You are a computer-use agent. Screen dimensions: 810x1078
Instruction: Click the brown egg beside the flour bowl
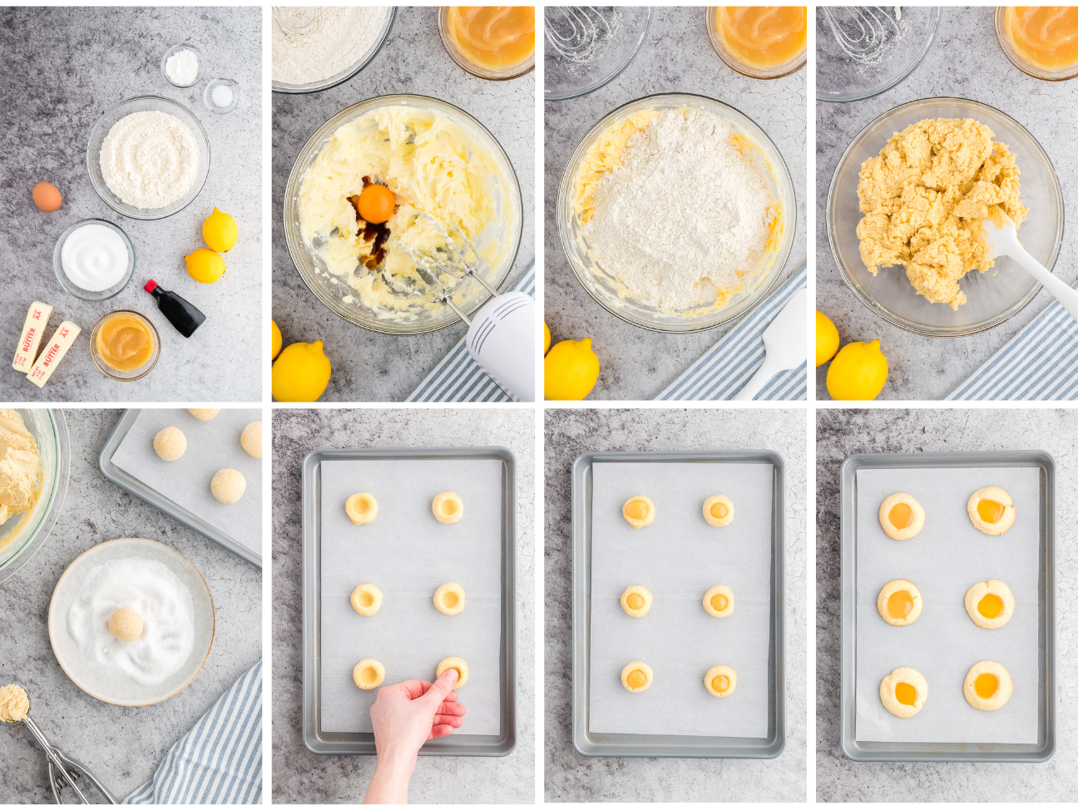(x=47, y=197)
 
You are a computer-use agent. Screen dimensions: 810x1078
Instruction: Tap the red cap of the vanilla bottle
(x=151, y=287)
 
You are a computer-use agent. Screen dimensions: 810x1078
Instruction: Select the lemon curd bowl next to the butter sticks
(x=124, y=343)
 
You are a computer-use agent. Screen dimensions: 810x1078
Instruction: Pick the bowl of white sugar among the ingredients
(x=94, y=258)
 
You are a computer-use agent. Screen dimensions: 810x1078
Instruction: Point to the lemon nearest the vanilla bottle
(x=205, y=265)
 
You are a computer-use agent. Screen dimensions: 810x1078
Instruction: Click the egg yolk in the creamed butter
(x=375, y=203)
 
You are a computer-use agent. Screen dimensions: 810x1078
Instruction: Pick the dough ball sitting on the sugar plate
(x=125, y=624)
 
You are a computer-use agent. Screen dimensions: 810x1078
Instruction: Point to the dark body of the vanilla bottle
(x=179, y=312)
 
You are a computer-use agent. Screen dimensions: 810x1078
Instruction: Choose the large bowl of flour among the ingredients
(x=149, y=158)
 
